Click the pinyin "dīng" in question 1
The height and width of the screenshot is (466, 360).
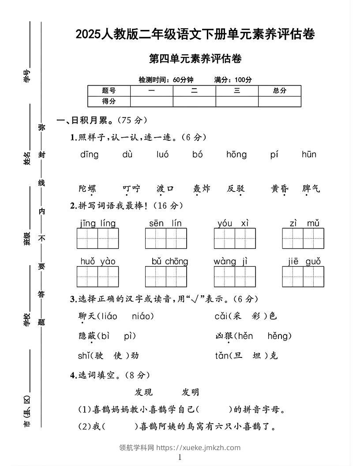pos(90,154)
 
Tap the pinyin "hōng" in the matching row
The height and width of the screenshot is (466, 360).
pos(236,154)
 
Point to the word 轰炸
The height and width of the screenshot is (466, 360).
pos(202,189)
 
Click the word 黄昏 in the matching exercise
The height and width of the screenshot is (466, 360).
pos(280,189)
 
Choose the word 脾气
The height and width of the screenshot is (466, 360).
pos(311,189)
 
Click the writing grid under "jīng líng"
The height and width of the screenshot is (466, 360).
pos(98,239)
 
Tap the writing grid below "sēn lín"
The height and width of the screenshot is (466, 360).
pos(166,239)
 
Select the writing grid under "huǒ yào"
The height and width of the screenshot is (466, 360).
pos(98,277)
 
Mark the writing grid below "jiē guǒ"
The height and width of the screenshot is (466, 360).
pos(304,277)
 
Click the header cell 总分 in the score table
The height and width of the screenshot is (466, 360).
pos(280,90)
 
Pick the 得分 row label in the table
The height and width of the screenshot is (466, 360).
pos(109,101)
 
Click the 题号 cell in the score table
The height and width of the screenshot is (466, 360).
pos(109,90)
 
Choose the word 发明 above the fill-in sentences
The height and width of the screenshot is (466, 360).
pos(191,392)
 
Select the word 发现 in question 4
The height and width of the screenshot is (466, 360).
pos(143,392)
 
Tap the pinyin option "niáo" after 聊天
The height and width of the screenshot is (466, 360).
pos(142,316)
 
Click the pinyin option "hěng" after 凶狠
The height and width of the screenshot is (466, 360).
pos(279,336)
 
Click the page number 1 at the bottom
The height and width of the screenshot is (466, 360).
pos(180,458)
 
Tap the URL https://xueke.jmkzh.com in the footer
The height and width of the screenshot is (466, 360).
pos(199,447)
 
